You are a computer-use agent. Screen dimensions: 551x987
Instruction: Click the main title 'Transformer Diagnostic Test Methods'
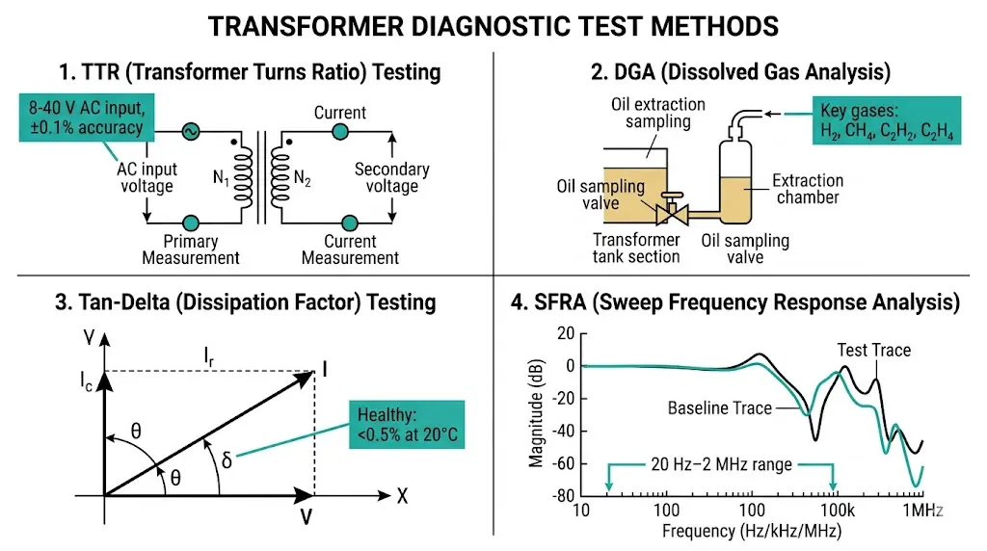click(x=493, y=25)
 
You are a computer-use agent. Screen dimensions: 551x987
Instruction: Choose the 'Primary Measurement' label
click(x=190, y=249)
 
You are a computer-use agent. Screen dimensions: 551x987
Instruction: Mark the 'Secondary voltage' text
click(x=391, y=177)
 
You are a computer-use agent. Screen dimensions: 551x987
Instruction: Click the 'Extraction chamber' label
click(x=808, y=189)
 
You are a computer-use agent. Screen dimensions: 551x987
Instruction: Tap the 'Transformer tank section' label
click(x=635, y=248)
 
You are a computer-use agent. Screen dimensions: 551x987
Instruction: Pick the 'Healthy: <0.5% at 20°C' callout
click(x=407, y=424)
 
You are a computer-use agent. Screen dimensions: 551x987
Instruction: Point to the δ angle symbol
click(x=227, y=461)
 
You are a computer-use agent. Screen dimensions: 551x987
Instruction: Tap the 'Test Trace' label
click(x=873, y=350)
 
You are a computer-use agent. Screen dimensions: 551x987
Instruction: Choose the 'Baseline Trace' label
click(x=719, y=408)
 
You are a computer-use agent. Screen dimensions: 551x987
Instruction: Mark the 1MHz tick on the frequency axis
click(x=923, y=511)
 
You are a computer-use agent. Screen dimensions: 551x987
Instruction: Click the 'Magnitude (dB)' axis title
click(x=536, y=414)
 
